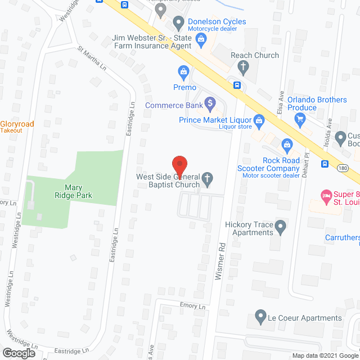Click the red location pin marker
[179, 165]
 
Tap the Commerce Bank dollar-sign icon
[210, 103]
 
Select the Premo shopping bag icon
[183, 71]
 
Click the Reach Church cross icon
[243, 67]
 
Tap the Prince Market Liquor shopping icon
[259, 119]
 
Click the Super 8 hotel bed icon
[325, 196]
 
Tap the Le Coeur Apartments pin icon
[260, 318]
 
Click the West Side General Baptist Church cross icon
[208, 180]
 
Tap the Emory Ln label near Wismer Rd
[193, 307]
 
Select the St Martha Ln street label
[92, 58]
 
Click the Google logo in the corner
[19, 353]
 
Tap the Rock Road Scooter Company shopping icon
[287, 145]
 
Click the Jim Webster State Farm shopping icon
[201, 38]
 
